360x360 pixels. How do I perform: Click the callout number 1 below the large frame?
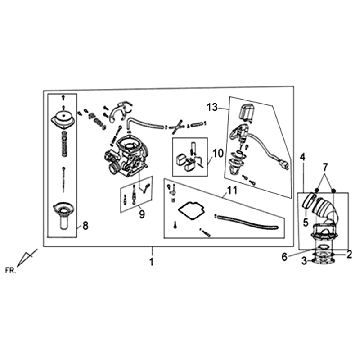(152, 262)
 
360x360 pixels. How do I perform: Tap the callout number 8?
(85, 226)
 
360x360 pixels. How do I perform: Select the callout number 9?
(142, 214)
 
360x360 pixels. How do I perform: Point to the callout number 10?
(217, 154)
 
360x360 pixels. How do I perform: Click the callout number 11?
(232, 191)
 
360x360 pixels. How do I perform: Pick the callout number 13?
(212, 107)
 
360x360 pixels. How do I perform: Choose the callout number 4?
(302, 156)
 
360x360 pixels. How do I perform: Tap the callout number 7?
(325, 166)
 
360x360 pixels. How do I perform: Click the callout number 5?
(306, 222)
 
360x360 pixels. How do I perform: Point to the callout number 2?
(349, 254)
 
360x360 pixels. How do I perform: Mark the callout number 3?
(304, 262)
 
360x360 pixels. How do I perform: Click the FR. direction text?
(10, 270)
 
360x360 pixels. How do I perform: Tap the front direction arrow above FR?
(26, 258)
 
